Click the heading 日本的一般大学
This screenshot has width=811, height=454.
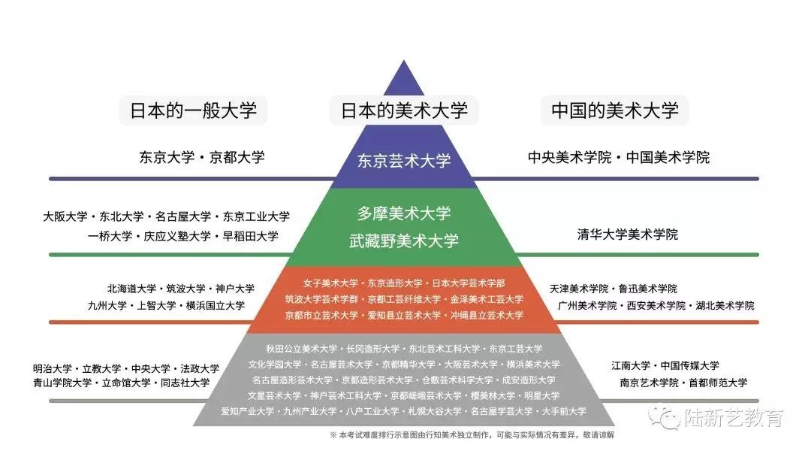(x=193, y=110)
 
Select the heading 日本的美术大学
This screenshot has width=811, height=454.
(x=404, y=110)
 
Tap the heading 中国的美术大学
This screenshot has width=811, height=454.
(x=614, y=110)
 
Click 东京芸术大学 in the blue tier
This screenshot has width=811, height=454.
(x=404, y=161)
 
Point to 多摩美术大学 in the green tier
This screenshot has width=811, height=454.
(x=404, y=213)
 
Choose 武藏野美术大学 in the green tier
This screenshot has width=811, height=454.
(x=404, y=241)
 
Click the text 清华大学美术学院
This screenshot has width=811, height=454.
(x=627, y=235)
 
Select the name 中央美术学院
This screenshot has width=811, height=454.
(x=569, y=157)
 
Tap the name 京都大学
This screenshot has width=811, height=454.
(x=237, y=157)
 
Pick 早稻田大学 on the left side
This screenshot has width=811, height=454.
(x=250, y=237)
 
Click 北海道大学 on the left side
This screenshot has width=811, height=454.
(x=132, y=289)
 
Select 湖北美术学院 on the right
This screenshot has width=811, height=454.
(x=725, y=306)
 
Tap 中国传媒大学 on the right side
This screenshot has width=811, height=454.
(x=690, y=365)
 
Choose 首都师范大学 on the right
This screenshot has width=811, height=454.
(x=718, y=383)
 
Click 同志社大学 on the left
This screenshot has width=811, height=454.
(x=185, y=383)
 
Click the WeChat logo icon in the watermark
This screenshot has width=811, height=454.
(x=664, y=417)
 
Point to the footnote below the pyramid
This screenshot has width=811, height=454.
(x=472, y=435)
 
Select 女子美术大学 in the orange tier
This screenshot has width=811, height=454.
(x=330, y=283)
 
